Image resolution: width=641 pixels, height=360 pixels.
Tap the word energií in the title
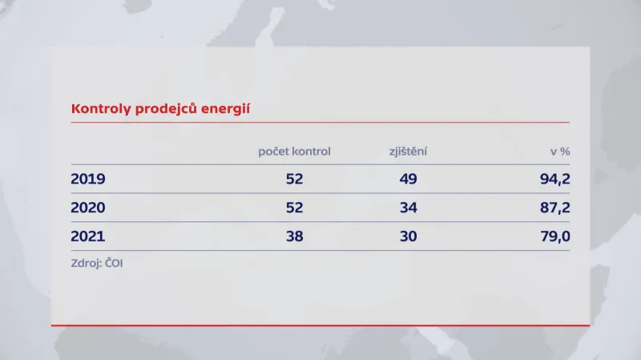click(224, 108)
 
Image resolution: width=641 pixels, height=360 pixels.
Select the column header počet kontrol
click(294, 151)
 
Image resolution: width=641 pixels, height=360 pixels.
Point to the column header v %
click(558, 151)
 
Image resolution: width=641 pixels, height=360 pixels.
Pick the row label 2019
click(88, 179)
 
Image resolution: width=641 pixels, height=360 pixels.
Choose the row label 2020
click(88, 208)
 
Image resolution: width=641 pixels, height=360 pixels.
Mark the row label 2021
click(88, 237)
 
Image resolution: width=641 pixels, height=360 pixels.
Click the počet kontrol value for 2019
click(294, 179)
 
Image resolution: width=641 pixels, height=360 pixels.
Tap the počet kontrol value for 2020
click(294, 208)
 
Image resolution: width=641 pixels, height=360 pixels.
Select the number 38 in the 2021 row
click(294, 237)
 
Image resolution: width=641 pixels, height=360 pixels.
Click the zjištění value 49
click(408, 179)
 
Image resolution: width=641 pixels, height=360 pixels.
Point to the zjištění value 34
click(408, 208)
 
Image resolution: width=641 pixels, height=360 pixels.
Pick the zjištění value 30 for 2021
click(408, 237)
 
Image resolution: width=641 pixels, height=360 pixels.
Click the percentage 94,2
click(554, 179)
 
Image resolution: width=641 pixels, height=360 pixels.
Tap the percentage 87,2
click(554, 208)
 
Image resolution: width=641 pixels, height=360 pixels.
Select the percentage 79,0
click(554, 237)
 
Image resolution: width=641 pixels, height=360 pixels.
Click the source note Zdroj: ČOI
click(96, 262)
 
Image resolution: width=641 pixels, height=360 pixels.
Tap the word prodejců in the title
click(160, 109)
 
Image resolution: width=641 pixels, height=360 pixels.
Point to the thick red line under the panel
click(320, 326)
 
